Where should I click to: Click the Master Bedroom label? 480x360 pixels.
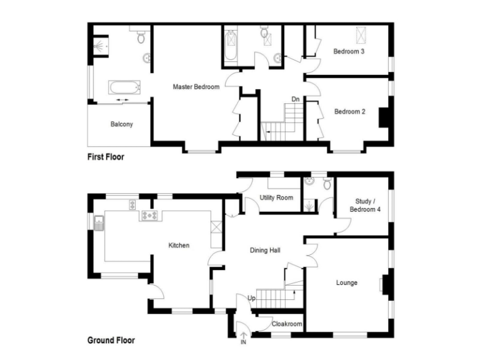(x=196, y=87)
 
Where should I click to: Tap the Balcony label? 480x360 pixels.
(x=122, y=124)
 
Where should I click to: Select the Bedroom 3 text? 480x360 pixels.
(x=349, y=51)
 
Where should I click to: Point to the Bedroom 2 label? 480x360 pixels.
(x=349, y=112)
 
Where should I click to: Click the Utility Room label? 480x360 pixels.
(x=276, y=198)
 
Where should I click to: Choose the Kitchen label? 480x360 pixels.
(x=179, y=246)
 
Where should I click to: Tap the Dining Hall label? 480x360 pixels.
(x=265, y=251)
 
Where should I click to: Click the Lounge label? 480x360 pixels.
(x=347, y=283)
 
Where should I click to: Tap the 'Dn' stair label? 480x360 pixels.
(x=295, y=99)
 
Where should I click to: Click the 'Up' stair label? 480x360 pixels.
(x=252, y=297)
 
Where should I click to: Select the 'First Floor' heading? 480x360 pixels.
(x=105, y=157)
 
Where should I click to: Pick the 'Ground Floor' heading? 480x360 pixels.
(x=110, y=341)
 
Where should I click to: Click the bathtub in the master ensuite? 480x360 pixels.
(x=127, y=87)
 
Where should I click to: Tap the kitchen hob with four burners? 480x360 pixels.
(x=151, y=216)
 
